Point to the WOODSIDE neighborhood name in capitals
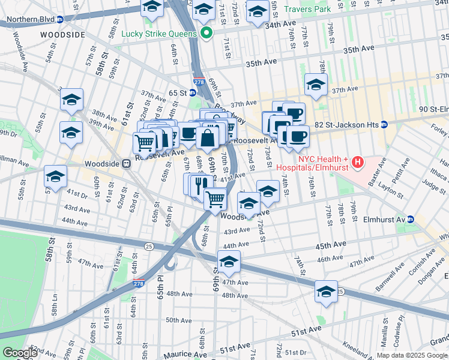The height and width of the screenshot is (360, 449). tap(63, 35)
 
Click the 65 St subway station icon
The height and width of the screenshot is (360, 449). tap(193, 93)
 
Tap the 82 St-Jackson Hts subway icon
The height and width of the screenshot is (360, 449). tap(384, 124)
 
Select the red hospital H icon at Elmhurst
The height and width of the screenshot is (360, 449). tap(358, 161)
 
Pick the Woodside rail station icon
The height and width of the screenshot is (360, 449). tap(126, 163)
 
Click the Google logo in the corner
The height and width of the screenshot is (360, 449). tap(20, 353)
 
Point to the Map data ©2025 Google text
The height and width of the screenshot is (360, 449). tap(412, 355)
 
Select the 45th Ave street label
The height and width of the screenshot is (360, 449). tap(331, 245)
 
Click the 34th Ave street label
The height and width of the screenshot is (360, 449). tap(281, 25)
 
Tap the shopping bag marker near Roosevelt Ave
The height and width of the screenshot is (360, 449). tap(207, 137)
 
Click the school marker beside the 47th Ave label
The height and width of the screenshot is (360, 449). tap(228, 262)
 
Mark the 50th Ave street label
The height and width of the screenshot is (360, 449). tap(178, 320)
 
